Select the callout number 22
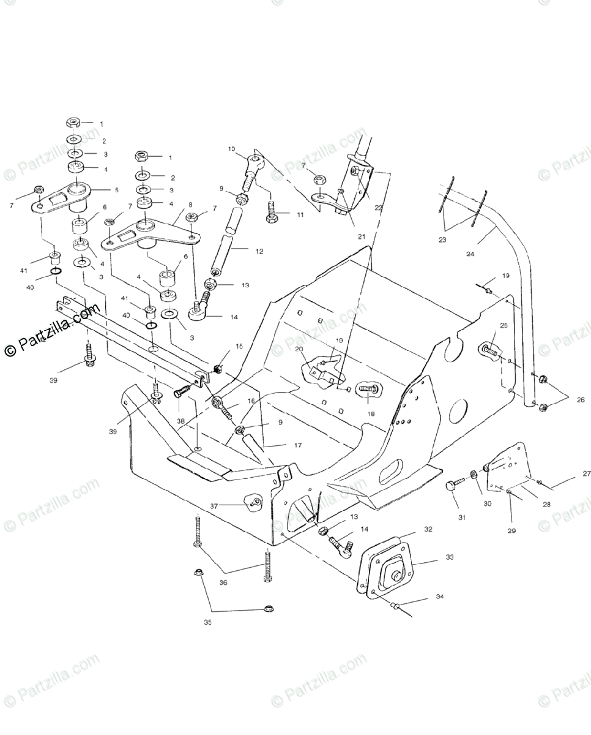tap(379, 208)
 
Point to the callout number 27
tap(570, 473)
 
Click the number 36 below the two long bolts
tap(223, 582)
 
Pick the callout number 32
tap(428, 529)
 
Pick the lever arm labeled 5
tap(61, 199)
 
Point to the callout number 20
tap(299, 349)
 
